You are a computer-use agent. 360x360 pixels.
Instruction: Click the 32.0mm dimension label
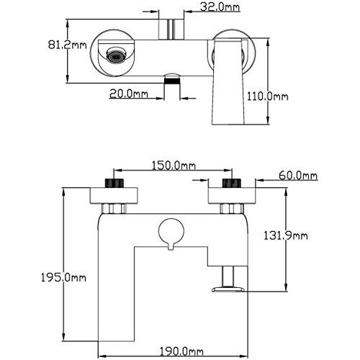[x=220, y=7]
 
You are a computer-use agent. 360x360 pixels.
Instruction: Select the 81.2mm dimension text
[x=67, y=45]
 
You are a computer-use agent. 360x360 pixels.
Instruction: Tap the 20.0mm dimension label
[x=129, y=94]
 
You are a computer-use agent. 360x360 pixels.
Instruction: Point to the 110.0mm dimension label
[x=268, y=96]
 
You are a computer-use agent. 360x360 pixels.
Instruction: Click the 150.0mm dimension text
[x=174, y=166]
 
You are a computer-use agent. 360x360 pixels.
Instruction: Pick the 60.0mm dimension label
[x=298, y=176]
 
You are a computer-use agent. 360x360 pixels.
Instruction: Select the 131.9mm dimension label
[x=286, y=235]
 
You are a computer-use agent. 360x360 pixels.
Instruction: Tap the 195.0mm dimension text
[x=63, y=278]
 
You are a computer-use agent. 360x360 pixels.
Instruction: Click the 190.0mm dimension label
[x=181, y=352]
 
